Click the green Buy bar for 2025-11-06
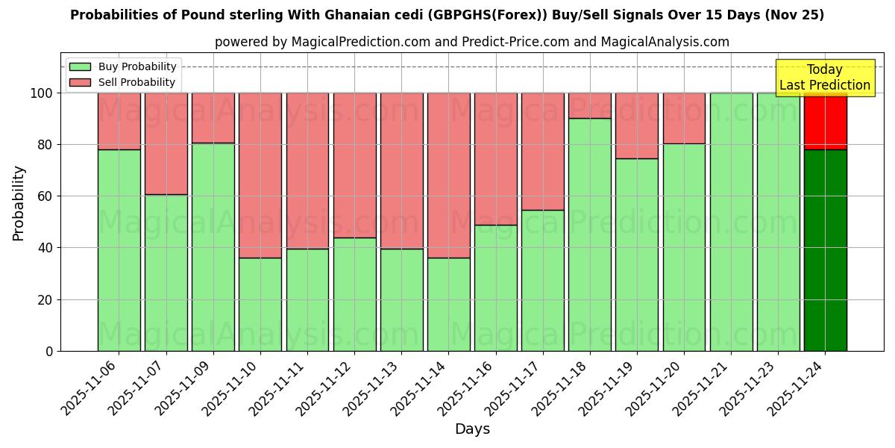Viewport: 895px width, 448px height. [x=119, y=250]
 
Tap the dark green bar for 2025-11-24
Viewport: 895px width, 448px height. [x=825, y=250]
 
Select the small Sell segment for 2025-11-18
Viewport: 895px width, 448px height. [x=589, y=105]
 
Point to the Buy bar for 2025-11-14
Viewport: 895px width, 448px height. [x=448, y=304]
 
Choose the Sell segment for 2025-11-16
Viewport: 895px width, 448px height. [x=495, y=158]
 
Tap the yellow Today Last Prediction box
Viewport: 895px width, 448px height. [x=825, y=78]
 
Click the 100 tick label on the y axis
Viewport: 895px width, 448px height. [x=41, y=93]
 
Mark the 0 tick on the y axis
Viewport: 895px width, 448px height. [x=49, y=351]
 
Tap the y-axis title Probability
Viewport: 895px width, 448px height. [x=19, y=202]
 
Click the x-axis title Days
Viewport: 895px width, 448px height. [x=472, y=429]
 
